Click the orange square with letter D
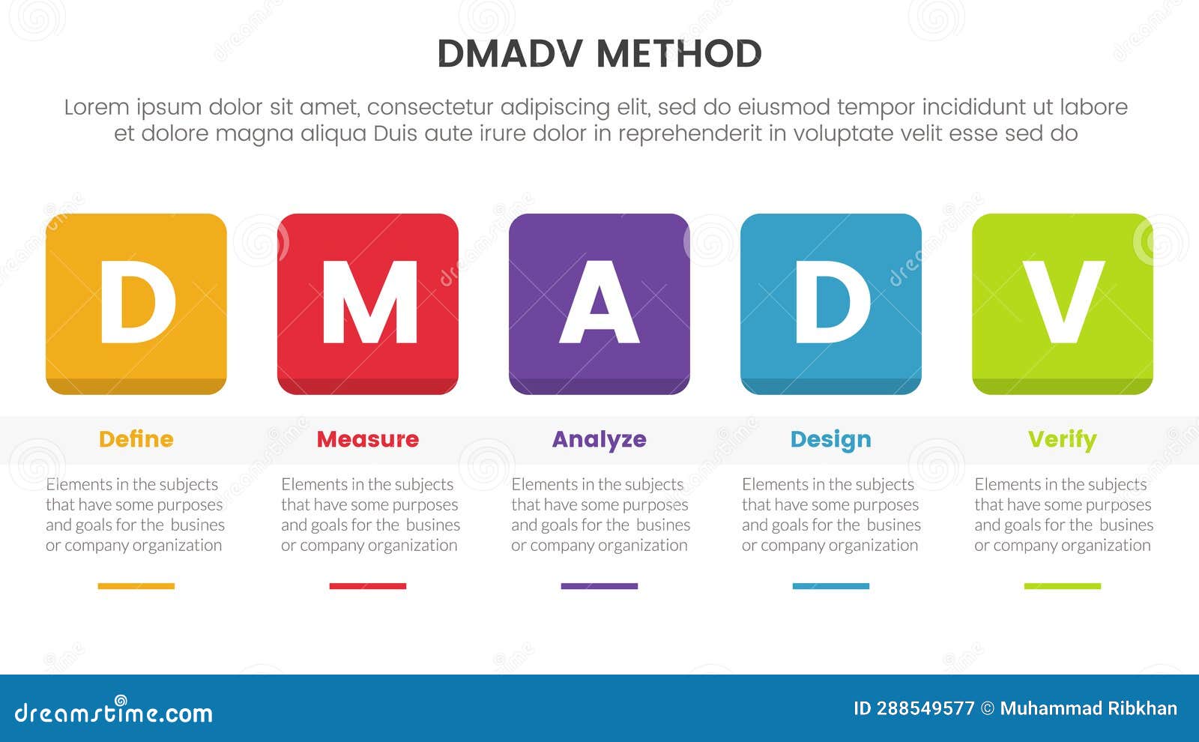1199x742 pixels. (136, 304)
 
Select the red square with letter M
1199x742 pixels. (367, 304)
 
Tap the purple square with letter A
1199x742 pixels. (599, 304)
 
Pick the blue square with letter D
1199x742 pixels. (830, 304)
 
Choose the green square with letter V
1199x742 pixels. (1062, 304)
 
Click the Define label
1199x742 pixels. (136, 439)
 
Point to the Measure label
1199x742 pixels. (367, 439)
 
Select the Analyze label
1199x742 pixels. (599, 439)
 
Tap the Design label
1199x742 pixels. (830, 439)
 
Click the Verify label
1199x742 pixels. (1062, 439)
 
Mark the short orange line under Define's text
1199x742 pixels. (136, 586)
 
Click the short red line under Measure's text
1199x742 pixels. (367, 586)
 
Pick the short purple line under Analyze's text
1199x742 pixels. (599, 586)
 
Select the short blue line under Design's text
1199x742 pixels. (830, 586)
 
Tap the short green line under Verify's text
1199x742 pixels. (1062, 586)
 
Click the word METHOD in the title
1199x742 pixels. (679, 54)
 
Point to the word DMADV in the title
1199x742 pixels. (512, 54)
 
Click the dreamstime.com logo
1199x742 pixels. (113, 711)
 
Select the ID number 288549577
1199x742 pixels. (925, 709)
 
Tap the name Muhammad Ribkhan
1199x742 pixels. (1088, 709)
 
